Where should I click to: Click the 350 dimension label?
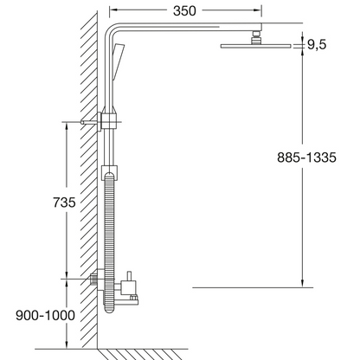pyautogui.click(x=184, y=11)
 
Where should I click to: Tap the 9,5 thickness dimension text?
pyautogui.click(x=317, y=45)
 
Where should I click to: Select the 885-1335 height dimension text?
pyautogui.click(x=306, y=157)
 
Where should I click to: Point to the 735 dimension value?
pyautogui.click(x=64, y=202)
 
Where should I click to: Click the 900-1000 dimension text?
pyautogui.click(x=45, y=315)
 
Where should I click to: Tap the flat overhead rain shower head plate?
pyautogui.click(x=256, y=46)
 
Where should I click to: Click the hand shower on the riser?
pyautogui.click(x=118, y=61)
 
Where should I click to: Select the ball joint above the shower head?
pyautogui.click(x=256, y=37)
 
